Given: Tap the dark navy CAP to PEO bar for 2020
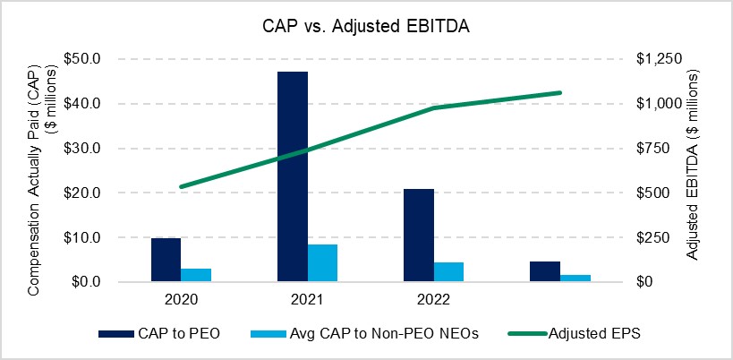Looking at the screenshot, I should point(166,260).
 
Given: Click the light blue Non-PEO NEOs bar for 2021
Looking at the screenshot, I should point(323,263).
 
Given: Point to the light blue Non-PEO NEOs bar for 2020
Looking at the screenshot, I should point(197,275).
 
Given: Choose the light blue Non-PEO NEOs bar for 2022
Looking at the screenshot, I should point(449,272).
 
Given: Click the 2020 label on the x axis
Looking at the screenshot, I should point(182,298).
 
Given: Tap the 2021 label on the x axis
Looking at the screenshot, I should point(308,298).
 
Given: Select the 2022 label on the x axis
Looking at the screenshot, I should point(434,298).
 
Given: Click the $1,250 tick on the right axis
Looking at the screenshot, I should point(658,59).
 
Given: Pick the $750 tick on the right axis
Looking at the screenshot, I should point(653,149).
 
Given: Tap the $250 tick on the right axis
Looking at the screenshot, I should point(653,238).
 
